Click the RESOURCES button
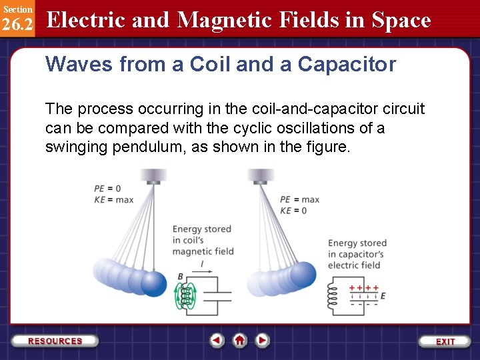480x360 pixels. pyautogui.click(x=55, y=341)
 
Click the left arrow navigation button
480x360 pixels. pyautogui.click(x=217, y=341)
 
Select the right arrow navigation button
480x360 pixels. pyautogui.click(x=263, y=341)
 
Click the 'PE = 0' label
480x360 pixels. pyautogui.click(x=107, y=189)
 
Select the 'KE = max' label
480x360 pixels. pyautogui.click(x=113, y=199)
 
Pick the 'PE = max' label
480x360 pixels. pyautogui.click(x=299, y=199)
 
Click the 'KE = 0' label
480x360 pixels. pyautogui.click(x=293, y=210)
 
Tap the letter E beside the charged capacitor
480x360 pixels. pyautogui.click(x=383, y=296)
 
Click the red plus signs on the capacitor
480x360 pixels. pyautogui.click(x=364, y=288)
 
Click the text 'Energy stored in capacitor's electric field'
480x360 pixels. pyautogui.click(x=357, y=254)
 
